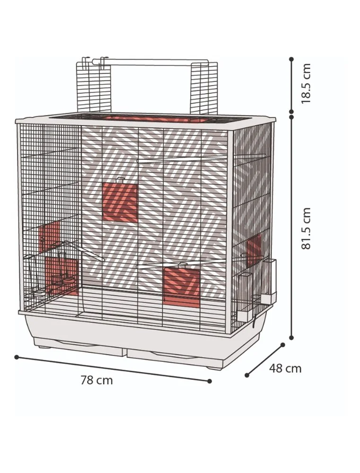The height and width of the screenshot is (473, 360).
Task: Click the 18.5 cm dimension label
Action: pyautogui.click(x=306, y=84)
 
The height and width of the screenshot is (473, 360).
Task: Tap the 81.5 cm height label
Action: pyautogui.click(x=306, y=228)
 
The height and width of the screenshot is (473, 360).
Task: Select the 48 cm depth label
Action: pyautogui.click(x=285, y=368)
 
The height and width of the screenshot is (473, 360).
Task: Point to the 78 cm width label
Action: pyautogui.click(x=97, y=380)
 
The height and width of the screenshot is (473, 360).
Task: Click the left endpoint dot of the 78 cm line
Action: pyautogui.click(x=17, y=357)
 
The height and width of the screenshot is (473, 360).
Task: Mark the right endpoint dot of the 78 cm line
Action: pyautogui.click(x=210, y=381)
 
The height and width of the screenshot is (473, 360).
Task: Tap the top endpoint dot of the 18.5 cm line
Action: pyautogui.click(x=291, y=60)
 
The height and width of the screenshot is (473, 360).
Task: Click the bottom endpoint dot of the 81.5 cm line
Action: pyautogui.click(x=291, y=338)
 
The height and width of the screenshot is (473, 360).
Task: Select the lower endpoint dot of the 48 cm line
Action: pyautogui.click(x=247, y=375)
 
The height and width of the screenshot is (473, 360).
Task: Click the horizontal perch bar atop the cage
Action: pyautogui.click(x=150, y=62)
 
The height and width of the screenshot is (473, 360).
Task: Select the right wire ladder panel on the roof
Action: pyautogui.click(x=204, y=88)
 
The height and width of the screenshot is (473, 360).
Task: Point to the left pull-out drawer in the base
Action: pyautogui.click(x=79, y=348)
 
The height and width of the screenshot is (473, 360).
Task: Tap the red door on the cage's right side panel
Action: pyautogui.click(x=254, y=250)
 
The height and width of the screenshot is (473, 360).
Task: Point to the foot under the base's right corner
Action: pyautogui.click(x=215, y=368)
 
